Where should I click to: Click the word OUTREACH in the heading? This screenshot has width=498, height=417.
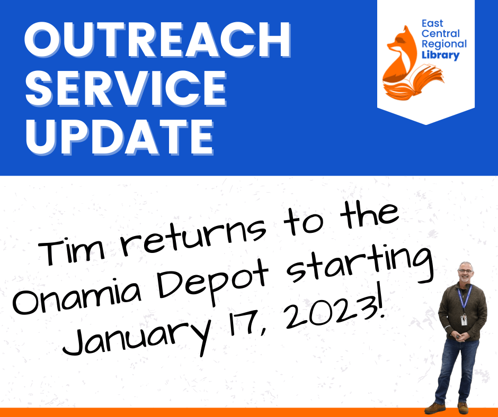click(157, 42)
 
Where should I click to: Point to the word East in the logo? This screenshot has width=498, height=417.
click(432, 24)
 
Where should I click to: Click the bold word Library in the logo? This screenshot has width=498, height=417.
click(441, 55)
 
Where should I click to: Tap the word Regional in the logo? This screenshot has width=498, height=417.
click(444, 44)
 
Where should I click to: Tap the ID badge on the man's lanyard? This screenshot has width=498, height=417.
click(464, 319)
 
